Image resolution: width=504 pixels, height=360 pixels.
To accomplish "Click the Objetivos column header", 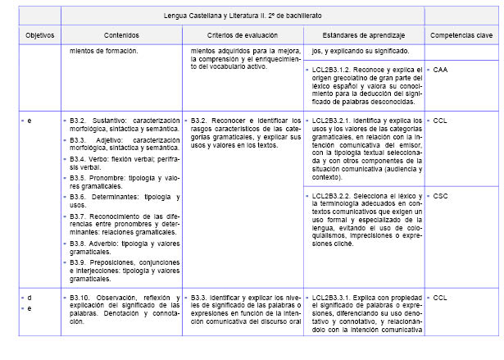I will coord(39,35).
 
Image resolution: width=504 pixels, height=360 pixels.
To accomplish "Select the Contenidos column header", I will coord(121,35).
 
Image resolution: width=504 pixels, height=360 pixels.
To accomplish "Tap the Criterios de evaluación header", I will coord(243,35).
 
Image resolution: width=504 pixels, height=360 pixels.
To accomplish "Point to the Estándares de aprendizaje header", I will coord(363,35).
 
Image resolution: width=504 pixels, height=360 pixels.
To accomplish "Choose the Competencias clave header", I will coord(462,35).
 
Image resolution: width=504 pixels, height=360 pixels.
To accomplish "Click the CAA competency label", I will coord(440,70).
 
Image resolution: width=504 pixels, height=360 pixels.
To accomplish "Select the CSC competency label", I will coord(440,196).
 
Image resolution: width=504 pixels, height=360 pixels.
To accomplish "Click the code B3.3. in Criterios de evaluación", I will coord(201,297).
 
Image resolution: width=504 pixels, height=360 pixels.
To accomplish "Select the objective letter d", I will coord(30,297).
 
